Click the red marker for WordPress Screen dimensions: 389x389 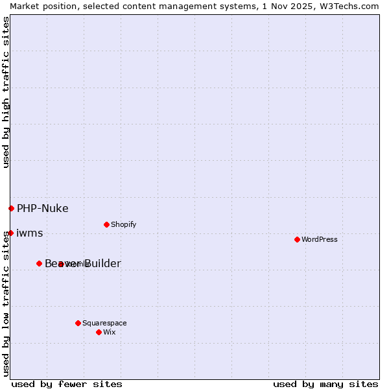coord(297,239)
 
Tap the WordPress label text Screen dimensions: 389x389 coord(320,239)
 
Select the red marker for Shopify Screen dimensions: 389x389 coord(106,224)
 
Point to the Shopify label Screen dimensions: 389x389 coord(123,224)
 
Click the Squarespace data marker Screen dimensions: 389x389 coord(78,323)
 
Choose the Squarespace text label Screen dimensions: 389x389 coord(104,323)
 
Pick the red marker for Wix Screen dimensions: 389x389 coord(99,332)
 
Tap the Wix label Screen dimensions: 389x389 coord(109,332)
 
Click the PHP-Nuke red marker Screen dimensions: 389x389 coord(11,208)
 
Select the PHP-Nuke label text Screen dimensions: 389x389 coord(42,208)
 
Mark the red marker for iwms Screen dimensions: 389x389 coord(10,233)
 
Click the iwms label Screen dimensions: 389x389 coord(29,233)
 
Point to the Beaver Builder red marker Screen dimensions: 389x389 coord(39,263)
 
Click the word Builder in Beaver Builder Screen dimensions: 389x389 coord(100,263)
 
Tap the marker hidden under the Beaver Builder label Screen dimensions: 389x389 coord(60,264)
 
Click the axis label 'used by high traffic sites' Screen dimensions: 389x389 coord(6,93)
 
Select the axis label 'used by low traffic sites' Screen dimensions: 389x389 coord(6,303)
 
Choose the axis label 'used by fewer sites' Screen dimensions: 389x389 coord(67,384)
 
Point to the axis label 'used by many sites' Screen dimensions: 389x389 coord(325,384)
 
